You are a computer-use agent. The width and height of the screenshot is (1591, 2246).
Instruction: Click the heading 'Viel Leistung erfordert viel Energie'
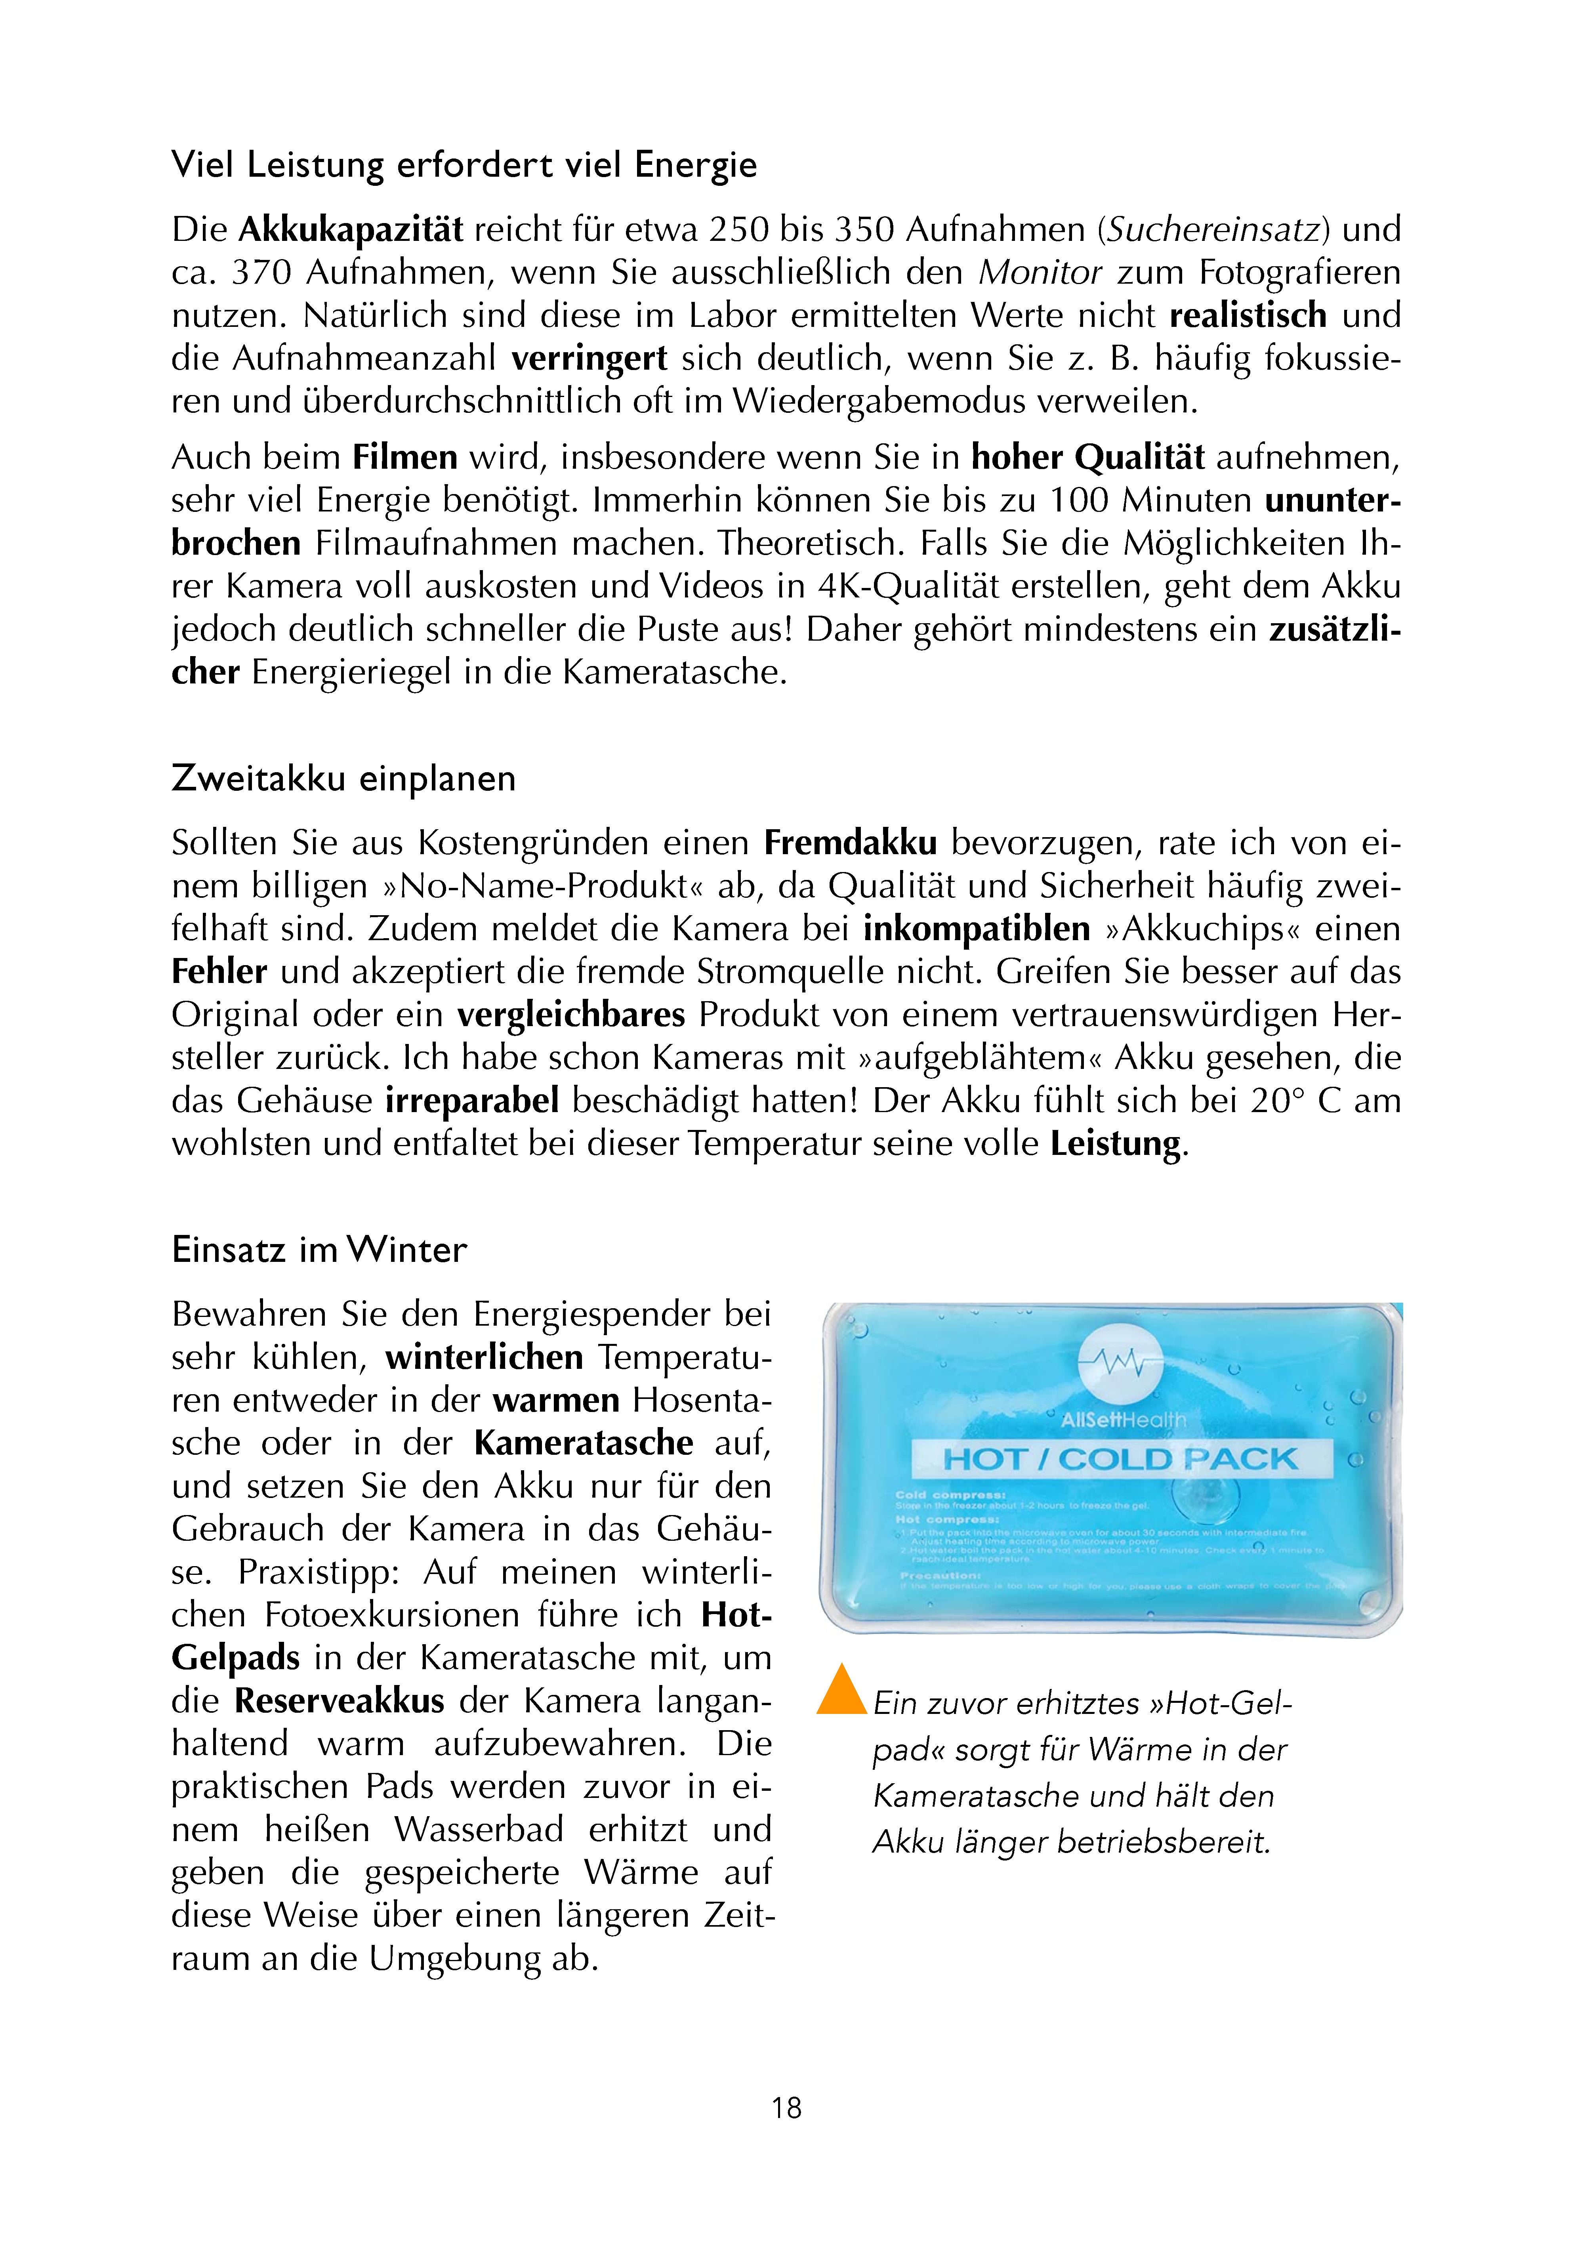point(464,164)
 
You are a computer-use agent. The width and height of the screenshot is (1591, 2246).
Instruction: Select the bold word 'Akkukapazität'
point(351,229)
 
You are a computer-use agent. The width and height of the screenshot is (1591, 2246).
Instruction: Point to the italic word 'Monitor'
point(1040,272)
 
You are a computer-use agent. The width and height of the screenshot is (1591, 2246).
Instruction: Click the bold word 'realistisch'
point(1248,315)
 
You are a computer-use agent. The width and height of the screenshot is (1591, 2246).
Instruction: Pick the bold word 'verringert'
point(589,359)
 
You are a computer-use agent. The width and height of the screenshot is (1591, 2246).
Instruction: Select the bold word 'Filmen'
point(404,458)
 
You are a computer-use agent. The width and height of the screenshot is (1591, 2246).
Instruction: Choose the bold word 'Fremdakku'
point(850,842)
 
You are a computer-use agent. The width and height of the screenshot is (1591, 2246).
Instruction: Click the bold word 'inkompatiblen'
point(977,929)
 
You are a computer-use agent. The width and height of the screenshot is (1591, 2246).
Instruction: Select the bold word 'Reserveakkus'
point(339,1700)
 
